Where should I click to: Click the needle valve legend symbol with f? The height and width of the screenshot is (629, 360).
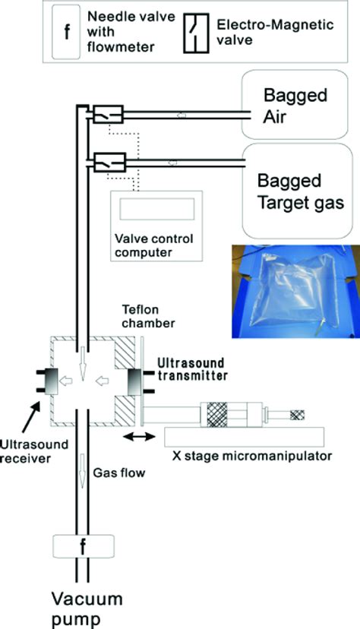[x=66, y=33]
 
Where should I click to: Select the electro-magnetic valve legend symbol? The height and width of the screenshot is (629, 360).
[x=196, y=33]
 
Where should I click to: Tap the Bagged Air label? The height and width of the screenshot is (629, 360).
[x=295, y=106]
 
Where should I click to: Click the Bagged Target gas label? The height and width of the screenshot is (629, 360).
[x=300, y=191]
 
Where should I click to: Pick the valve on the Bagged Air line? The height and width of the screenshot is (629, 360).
[x=108, y=114]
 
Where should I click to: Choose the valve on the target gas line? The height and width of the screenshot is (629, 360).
[x=109, y=162]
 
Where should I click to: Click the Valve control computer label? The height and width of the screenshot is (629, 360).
[x=154, y=245]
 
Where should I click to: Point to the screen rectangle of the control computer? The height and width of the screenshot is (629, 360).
[x=157, y=209]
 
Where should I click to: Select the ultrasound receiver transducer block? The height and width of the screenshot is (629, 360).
[x=50, y=381]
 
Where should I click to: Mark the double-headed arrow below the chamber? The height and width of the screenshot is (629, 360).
[x=139, y=437]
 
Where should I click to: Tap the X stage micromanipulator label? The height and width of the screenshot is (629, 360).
[x=252, y=456]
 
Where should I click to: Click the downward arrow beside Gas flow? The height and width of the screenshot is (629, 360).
[x=82, y=471]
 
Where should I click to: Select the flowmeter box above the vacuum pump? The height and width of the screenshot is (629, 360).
[x=84, y=546]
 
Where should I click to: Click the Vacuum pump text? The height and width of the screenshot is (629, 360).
[x=87, y=609]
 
